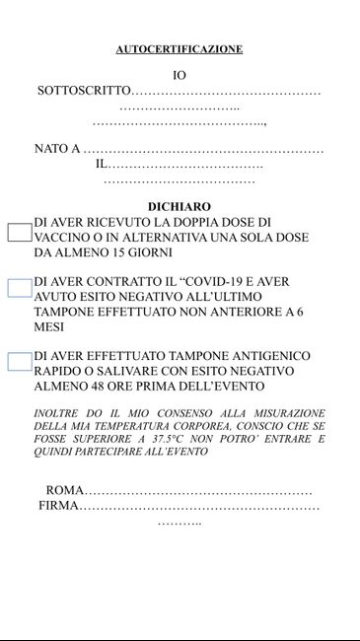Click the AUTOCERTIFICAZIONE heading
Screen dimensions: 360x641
click(x=179, y=49)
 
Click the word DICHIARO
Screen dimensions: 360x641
click(x=180, y=206)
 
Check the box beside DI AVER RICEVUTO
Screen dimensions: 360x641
click(x=20, y=233)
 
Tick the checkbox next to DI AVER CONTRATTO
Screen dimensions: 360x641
click(x=20, y=288)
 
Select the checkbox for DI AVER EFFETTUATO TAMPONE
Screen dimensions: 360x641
click(x=20, y=361)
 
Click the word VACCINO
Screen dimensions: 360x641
click(x=62, y=238)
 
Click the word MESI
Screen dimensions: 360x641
click(x=49, y=327)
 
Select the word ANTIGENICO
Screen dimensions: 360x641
click(x=269, y=356)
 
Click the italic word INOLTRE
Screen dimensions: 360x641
click(x=60, y=412)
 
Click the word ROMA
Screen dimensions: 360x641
click(x=65, y=490)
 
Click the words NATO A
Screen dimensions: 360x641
click(x=57, y=149)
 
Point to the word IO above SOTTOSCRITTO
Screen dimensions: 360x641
click(x=180, y=75)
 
